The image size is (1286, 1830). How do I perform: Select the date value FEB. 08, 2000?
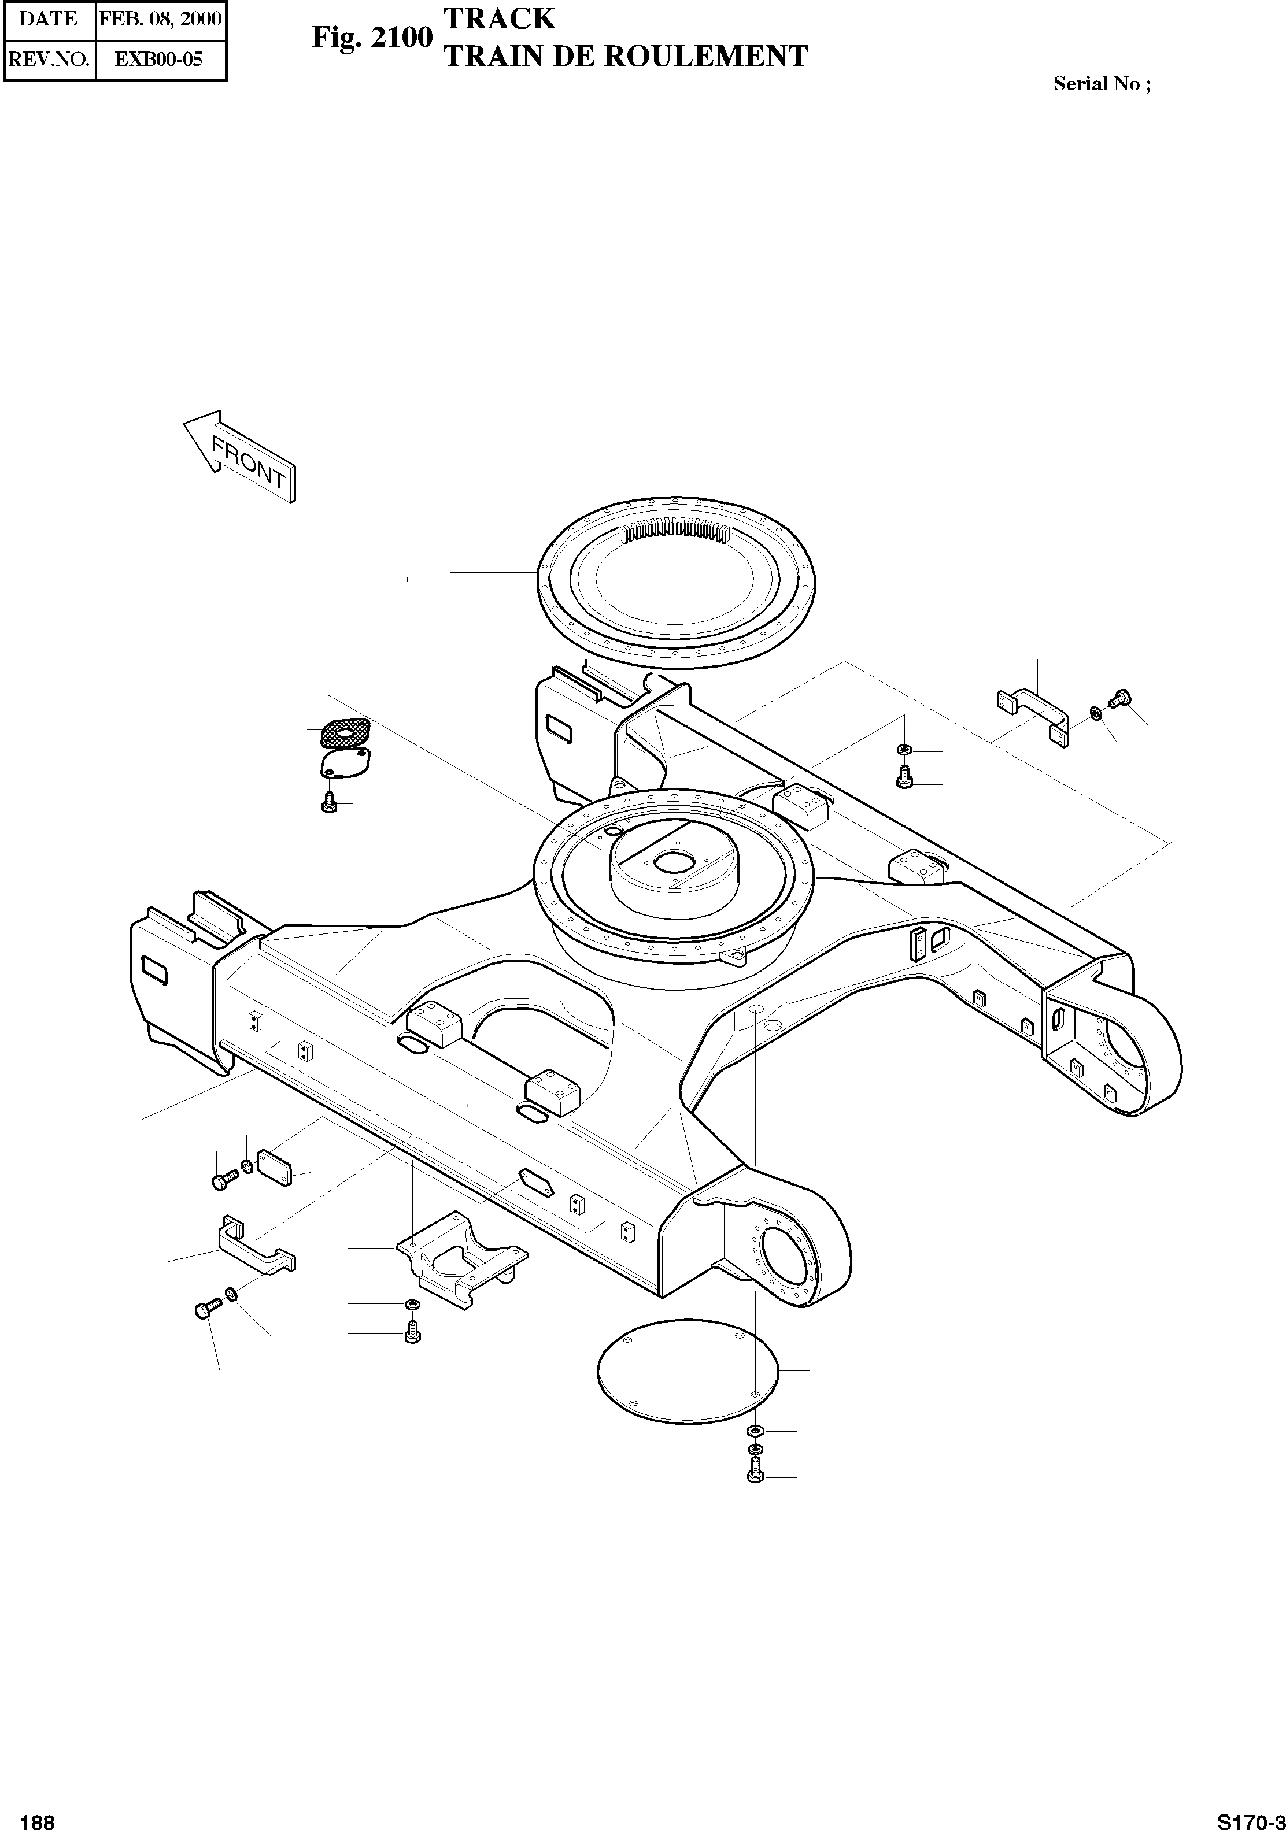pyautogui.click(x=160, y=19)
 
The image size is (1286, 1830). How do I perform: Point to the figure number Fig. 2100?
pyautogui.click(x=372, y=38)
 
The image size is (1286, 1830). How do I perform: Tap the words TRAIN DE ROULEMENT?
pyautogui.click(x=626, y=57)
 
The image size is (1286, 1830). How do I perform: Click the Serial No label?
pyautogui.click(x=1102, y=84)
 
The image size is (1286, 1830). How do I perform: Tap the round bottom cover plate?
pyautogui.click(x=688, y=1369)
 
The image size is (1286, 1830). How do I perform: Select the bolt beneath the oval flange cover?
pyautogui.click(x=328, y=803)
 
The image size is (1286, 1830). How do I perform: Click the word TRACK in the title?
pyautogui.click(x=499, y=18)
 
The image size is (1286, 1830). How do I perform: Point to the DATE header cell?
pyautogui.click(x=49, y=19)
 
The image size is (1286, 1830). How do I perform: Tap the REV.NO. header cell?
pyautogui.click(x=49, y=59)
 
